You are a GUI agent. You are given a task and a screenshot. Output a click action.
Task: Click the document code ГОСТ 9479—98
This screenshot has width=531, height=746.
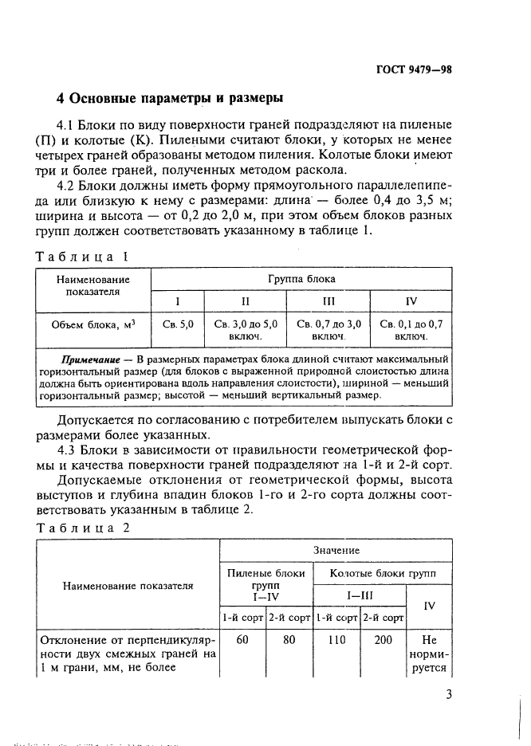[413, 69]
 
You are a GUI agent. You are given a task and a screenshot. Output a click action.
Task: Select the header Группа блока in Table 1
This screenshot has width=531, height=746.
[301, 279]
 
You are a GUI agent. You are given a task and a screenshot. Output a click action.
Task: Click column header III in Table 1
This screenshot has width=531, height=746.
[328, 301]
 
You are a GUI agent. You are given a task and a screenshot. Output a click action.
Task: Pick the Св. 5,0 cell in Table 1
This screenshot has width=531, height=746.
[178, 324]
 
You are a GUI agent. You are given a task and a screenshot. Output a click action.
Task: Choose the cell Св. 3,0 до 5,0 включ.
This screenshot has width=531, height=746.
[246, 331]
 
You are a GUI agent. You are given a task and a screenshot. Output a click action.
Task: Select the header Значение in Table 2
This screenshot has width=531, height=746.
[336, 551]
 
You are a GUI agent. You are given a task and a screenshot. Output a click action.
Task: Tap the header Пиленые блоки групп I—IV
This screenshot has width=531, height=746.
[266, 584]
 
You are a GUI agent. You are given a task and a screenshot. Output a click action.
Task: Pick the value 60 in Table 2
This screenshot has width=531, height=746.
[242, 640]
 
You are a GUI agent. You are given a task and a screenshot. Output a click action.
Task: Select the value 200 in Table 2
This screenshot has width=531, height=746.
[383, 640]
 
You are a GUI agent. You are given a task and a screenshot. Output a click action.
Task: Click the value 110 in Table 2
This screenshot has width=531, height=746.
[335, 640]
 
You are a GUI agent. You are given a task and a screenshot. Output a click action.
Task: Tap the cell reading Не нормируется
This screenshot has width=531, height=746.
[429, 654]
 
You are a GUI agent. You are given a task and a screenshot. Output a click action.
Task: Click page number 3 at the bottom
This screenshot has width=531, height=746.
[449, 694]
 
